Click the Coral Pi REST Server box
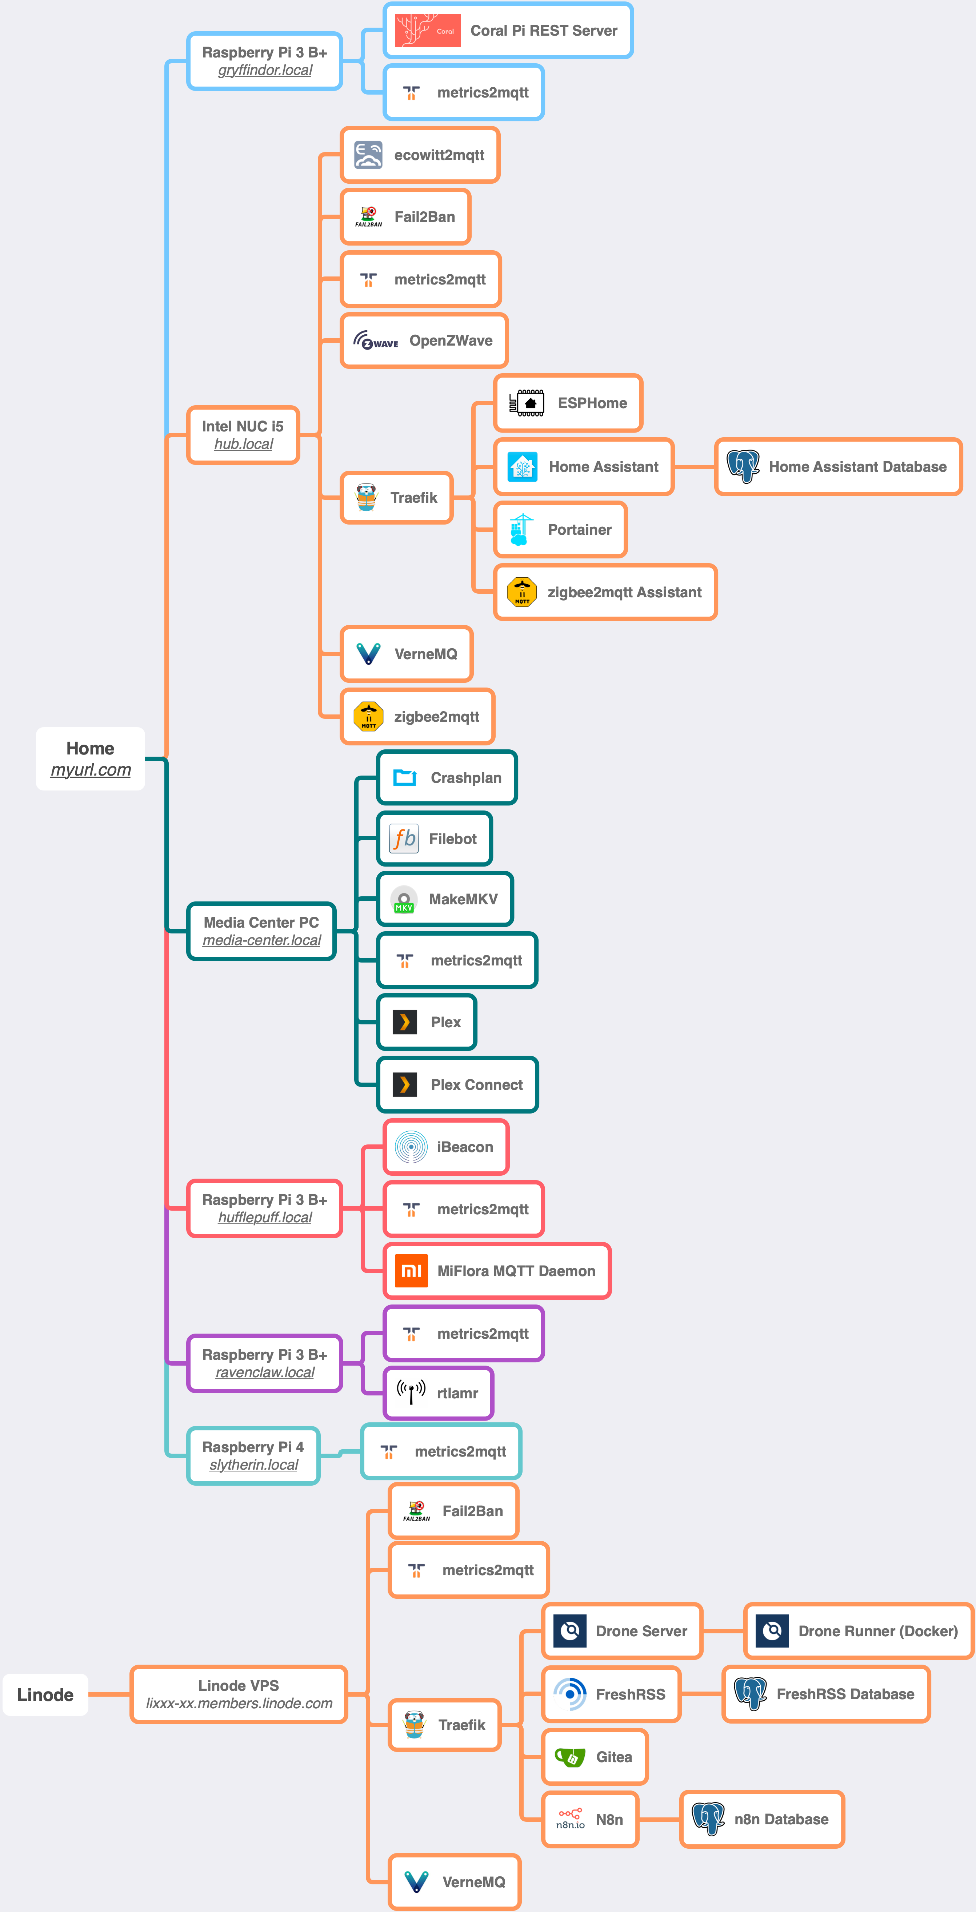pos(508,31)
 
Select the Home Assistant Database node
pos(839,467)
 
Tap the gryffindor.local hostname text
pos(265,71)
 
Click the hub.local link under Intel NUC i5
pos(243,444)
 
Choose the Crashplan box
pos(447,778)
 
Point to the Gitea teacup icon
pos(570,1757)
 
